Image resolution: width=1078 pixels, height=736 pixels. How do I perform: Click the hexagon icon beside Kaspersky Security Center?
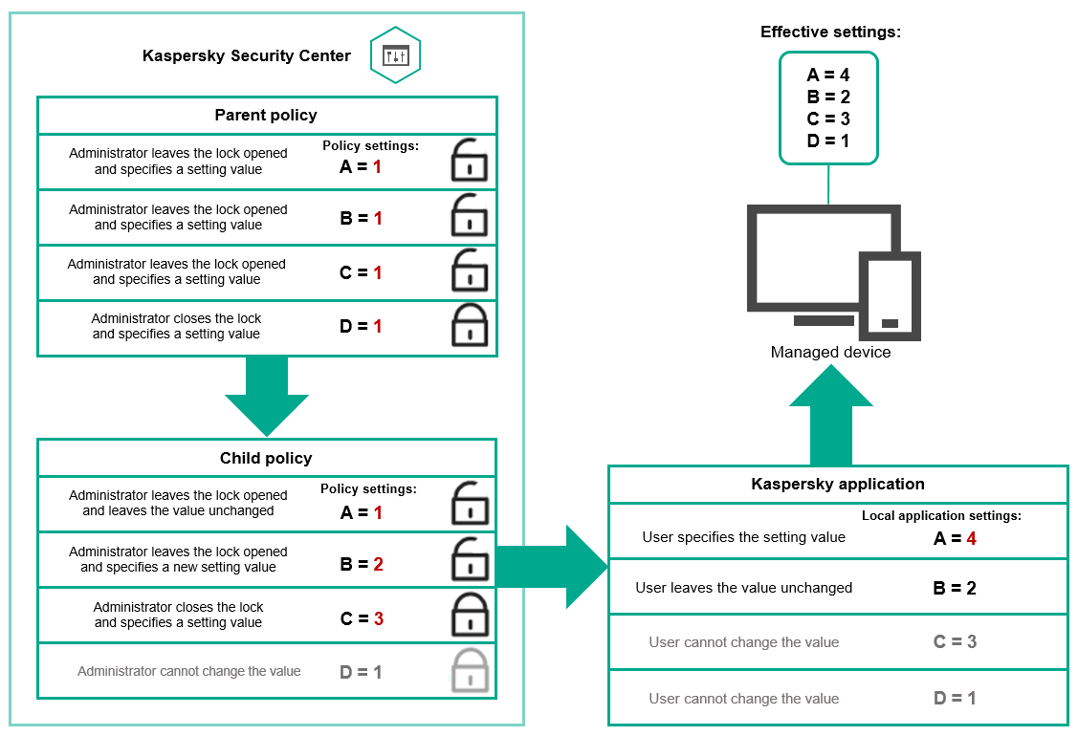click(x=395, y=55)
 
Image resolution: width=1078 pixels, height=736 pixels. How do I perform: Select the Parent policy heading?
click(x=266, y=116)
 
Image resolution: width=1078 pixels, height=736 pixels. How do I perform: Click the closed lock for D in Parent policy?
click(x=469, y=327)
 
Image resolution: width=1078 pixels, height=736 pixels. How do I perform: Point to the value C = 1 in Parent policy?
click(x=361, y=272)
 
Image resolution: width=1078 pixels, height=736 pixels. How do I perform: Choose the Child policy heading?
click(x=266, y=459)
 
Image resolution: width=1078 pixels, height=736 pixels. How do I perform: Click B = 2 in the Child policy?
click(x=361, y=565)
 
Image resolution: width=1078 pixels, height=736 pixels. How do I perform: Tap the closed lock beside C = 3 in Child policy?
click(x=469, y=616)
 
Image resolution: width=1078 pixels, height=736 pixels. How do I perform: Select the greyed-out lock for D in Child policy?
click(x=469, y=671)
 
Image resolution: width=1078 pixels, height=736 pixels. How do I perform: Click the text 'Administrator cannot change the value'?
click(x=189, y=672)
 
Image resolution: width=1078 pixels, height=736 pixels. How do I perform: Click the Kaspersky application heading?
click(x=838, y=485)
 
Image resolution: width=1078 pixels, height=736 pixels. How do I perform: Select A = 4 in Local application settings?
click(x=955, y=539)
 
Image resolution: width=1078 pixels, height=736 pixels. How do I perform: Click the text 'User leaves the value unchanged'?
click(x=744, y=588)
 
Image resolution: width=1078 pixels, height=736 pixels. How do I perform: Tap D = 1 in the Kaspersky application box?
click(x=955, y=699)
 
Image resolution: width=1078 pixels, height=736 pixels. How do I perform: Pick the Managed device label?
click(x=830, y=353)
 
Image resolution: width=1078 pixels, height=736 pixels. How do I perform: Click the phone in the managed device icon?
click(x=890, y=296)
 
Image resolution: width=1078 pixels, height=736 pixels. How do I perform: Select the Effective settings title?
click(x=830, y=32)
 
